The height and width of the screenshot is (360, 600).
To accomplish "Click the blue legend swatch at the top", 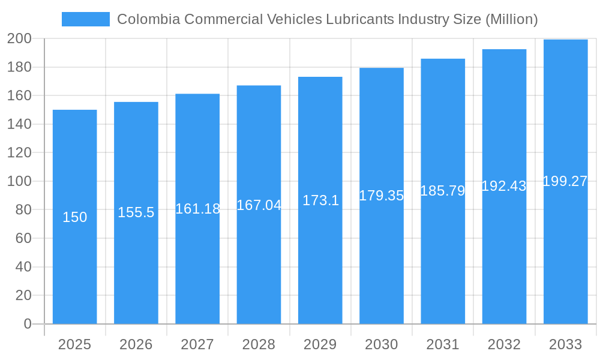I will [x=86, y=19].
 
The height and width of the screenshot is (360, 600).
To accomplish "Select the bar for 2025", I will [x=75, y=217].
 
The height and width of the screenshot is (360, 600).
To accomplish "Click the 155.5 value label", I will [x=136, y=212].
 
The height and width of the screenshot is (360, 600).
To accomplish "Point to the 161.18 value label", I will [x=197, y=209].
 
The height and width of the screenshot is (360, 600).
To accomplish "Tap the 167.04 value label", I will [x=259, y=205].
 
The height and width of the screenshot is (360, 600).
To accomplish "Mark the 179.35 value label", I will [x=382, y=196].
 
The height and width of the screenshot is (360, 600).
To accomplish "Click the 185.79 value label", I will [x=443, y=191].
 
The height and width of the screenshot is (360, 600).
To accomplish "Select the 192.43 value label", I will [x=504, y=186].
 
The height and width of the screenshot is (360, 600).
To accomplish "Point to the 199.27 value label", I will [x=565, y=181].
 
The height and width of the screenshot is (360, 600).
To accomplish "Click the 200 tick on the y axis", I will [x=19, y=38].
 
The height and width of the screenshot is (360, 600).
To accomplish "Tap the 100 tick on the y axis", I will [x=19, y=181].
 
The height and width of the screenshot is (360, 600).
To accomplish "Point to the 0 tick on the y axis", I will [x=28, y=324].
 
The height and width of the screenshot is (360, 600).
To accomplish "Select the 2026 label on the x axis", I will [x=136, y=344].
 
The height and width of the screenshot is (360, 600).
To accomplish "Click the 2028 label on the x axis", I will [x=259, y=344].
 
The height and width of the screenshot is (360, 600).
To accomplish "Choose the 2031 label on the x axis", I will [x=443, y=344].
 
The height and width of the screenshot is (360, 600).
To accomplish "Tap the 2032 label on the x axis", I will [x=504, y=344].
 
